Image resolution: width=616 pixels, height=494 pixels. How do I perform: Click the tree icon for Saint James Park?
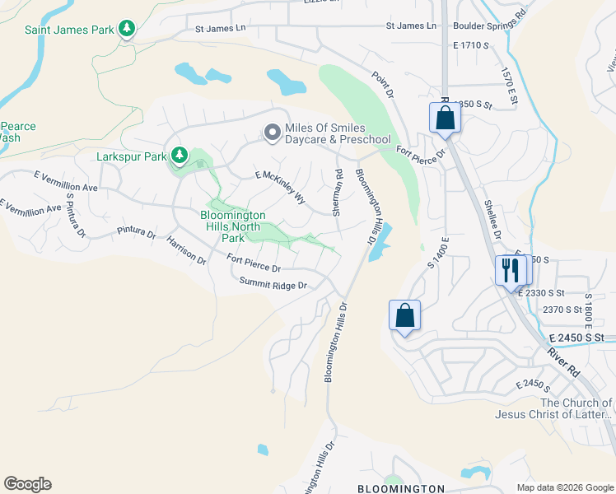pos(126,30)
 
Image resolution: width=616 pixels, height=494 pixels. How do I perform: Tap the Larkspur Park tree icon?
pos(179,155)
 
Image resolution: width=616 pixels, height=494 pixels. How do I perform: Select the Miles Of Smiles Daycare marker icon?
pos(271,133)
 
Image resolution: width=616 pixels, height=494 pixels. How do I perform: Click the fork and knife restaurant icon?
pos(509,269)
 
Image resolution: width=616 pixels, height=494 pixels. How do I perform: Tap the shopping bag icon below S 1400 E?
pos(404,315)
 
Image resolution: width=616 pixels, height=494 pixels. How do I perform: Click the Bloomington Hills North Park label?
pos(233,226)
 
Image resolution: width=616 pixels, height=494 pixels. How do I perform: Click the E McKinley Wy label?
pos(280,188)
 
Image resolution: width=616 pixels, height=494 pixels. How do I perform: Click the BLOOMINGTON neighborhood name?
pos(401,488)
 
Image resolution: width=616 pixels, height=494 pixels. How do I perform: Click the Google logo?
pos(27,484)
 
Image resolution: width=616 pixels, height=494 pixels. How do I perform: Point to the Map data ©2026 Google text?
pos(564,487)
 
